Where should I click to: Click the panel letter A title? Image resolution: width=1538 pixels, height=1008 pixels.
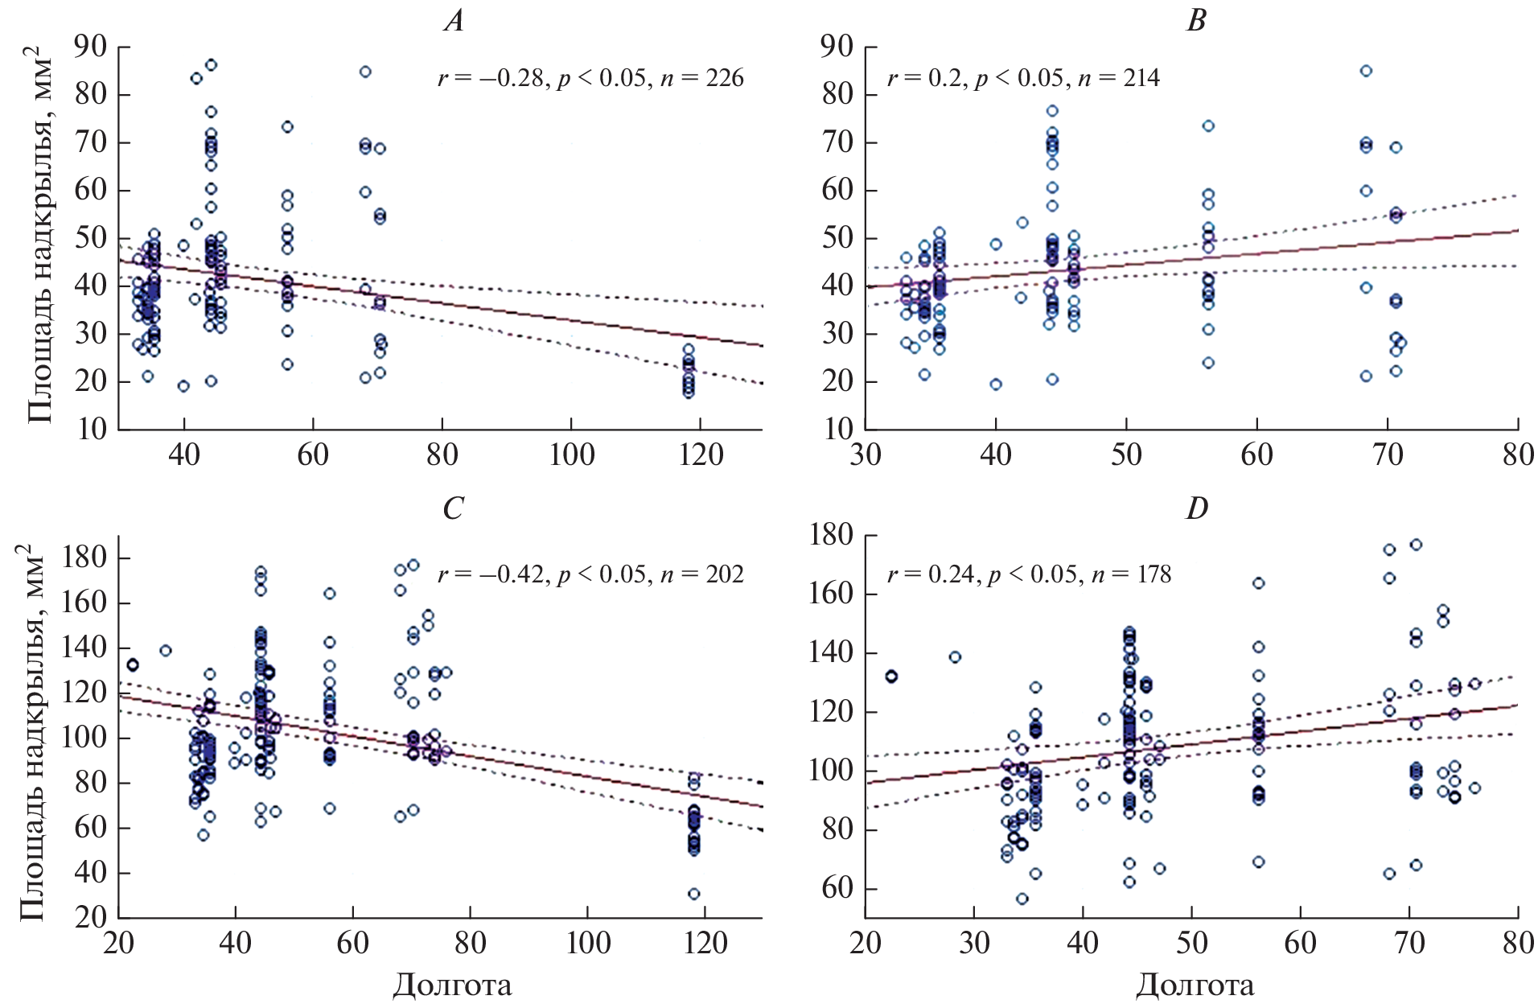point(454,21)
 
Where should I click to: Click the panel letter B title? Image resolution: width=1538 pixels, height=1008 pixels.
point(1196,21)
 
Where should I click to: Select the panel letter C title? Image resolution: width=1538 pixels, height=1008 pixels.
point(454,508)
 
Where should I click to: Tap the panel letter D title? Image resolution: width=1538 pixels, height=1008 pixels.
point(1197,508)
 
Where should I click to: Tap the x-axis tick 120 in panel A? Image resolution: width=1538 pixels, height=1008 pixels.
point(701,455)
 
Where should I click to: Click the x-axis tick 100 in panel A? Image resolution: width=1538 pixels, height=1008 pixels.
point(572,455)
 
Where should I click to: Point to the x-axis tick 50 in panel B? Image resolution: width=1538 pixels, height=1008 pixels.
point(1126,455)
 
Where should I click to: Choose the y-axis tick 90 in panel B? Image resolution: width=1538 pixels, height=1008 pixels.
point(837,47)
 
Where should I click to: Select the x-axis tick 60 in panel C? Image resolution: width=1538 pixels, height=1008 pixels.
point(352,942)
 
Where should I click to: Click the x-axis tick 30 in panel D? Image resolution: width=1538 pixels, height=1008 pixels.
point(974,942)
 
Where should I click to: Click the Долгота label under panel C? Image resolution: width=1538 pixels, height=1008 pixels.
point(452,985)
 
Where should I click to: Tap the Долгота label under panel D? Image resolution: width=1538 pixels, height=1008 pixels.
point(1195,985)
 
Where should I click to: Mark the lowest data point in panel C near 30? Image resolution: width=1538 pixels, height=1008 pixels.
point(693,894)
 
